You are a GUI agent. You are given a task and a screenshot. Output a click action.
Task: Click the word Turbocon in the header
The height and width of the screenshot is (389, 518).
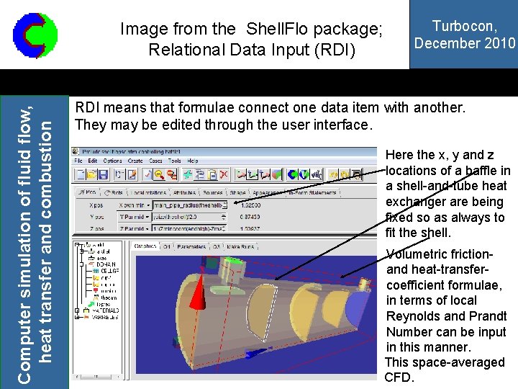click(464, 26)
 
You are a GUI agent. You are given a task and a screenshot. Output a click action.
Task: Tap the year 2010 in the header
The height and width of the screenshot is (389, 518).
click(501, 43)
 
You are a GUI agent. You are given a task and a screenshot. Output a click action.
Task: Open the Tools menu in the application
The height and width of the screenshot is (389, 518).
click(175, 161)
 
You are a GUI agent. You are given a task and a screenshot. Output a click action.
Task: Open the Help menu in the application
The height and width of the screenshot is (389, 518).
click(192, 161)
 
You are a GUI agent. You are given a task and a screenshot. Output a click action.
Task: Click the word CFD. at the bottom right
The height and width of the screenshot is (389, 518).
click(400, 377)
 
